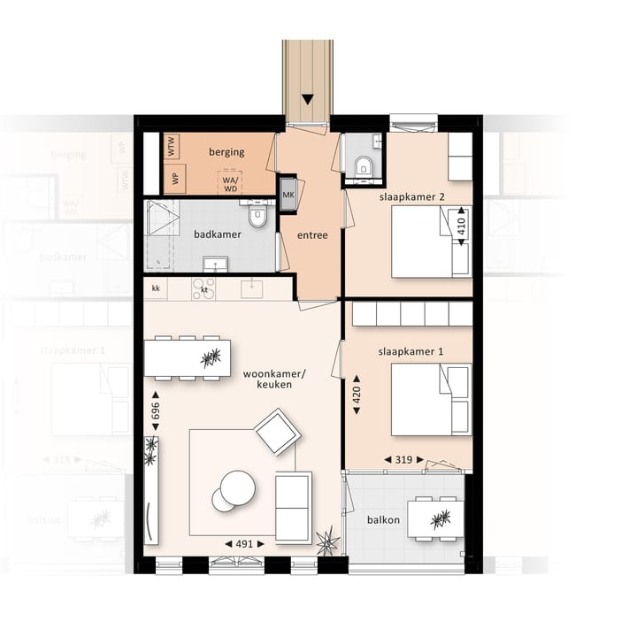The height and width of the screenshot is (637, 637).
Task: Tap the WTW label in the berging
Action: pyautogui.click(x=173, y=145)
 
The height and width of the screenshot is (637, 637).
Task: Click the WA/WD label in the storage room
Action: pyautogui.click(x=230, y=182)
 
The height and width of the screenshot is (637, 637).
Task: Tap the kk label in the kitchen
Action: pyautogui.click(x=156, y=288)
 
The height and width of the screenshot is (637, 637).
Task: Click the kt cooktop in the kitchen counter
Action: pyautogui.click(x=204, y=288)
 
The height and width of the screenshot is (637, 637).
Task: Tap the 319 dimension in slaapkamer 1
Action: pyautogui.click(x=403, y=460)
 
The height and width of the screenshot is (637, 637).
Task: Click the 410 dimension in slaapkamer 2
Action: pyautogui.click(x=460, y=226)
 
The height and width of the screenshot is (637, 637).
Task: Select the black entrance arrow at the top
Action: pyautogui.click(x=308, y=99)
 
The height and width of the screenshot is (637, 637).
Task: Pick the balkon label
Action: pyautogui.click(x=384, y=520)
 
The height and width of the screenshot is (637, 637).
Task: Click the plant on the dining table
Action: pyautogui.click(x=211, y=357)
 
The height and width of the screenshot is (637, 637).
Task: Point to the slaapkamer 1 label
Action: pyautogui.click(x=411, y=352)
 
